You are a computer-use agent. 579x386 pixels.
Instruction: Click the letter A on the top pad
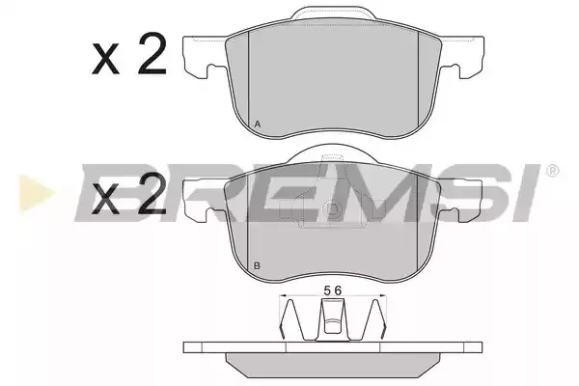[258, 124]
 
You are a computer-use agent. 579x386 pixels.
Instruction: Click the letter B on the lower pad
[258, 265]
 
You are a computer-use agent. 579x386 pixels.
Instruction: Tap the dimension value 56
[333, 290]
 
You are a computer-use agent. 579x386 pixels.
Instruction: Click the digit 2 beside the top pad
[152, 54]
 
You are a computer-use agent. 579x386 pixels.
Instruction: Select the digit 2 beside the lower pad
[152, 193]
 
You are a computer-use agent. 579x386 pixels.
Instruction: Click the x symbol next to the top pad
[106, 59]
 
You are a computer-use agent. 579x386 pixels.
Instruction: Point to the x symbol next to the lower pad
[106, 199]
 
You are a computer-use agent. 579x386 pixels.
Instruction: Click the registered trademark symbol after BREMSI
[552, 171]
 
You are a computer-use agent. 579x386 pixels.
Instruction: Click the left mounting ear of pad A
[205, 55]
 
